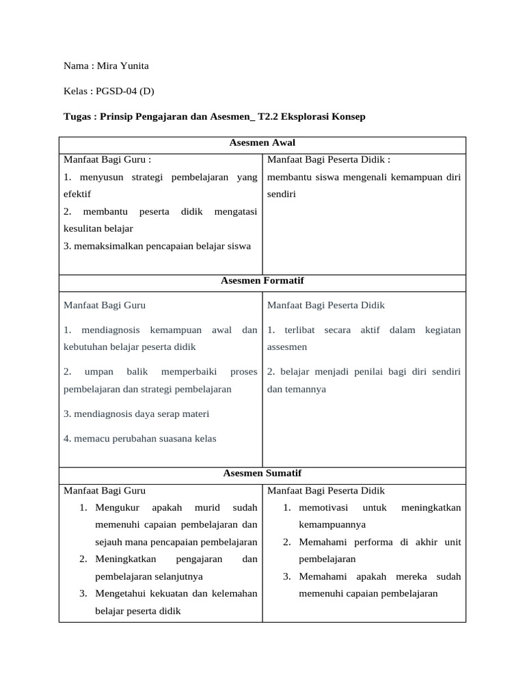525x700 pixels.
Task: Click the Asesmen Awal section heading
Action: (x=262, y=143)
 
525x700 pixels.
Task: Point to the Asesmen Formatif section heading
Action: (x=262, y=281)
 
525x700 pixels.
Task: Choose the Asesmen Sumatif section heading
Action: (x=262, y=473)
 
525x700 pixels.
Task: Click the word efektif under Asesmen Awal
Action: (x=77, y=194)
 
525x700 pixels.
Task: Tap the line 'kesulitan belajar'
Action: (x=98, y=228)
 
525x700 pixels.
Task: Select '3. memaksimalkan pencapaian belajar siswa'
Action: (x=157, y=245)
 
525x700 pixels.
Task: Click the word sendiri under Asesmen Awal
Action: (x=281, y=194)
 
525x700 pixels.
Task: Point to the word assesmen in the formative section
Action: (x=287, y=347)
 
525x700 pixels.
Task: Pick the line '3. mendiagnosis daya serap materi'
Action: (x=137, y=414)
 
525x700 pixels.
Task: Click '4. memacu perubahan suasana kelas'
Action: (x=140, y=438)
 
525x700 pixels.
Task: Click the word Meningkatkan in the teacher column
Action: (x=127, y=559)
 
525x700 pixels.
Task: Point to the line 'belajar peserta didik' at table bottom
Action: (x=137, y=610)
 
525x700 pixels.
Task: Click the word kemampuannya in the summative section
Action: (x=332, y=525)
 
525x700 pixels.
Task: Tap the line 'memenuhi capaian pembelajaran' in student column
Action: (x=368, y=593)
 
